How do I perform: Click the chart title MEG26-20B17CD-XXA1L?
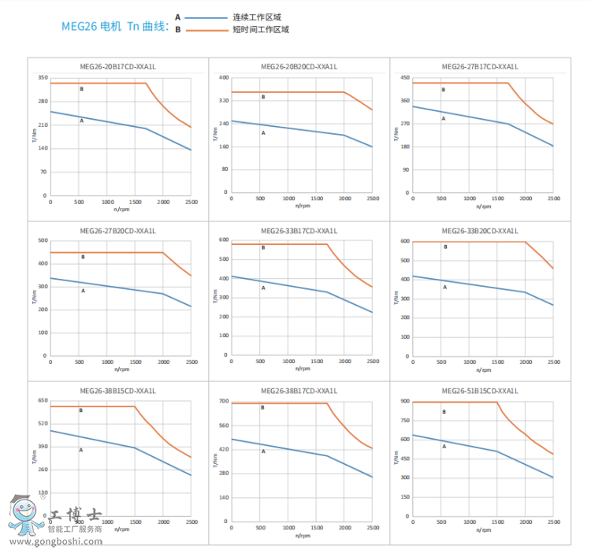[118, 67]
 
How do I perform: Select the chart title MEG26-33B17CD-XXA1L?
[299, 231]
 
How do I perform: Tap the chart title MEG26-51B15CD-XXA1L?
[480, 391]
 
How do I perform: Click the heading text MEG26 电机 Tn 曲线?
[115, 26]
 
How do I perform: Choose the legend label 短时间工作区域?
[261, 30]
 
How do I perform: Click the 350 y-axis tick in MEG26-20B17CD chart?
[43, 78]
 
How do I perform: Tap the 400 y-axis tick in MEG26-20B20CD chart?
[223, 78]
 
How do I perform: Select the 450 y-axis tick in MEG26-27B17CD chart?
[404, 78]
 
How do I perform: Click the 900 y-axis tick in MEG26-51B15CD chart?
[404, 401]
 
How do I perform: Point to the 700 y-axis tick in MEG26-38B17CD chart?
[223, 402]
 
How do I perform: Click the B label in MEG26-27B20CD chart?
[83, 258]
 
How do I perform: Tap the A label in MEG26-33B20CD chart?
[444, 287]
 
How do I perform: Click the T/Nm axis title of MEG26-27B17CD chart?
[396, 136]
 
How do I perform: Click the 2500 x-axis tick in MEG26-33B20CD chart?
[554, 361]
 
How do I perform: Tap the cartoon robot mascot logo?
[26, 514]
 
